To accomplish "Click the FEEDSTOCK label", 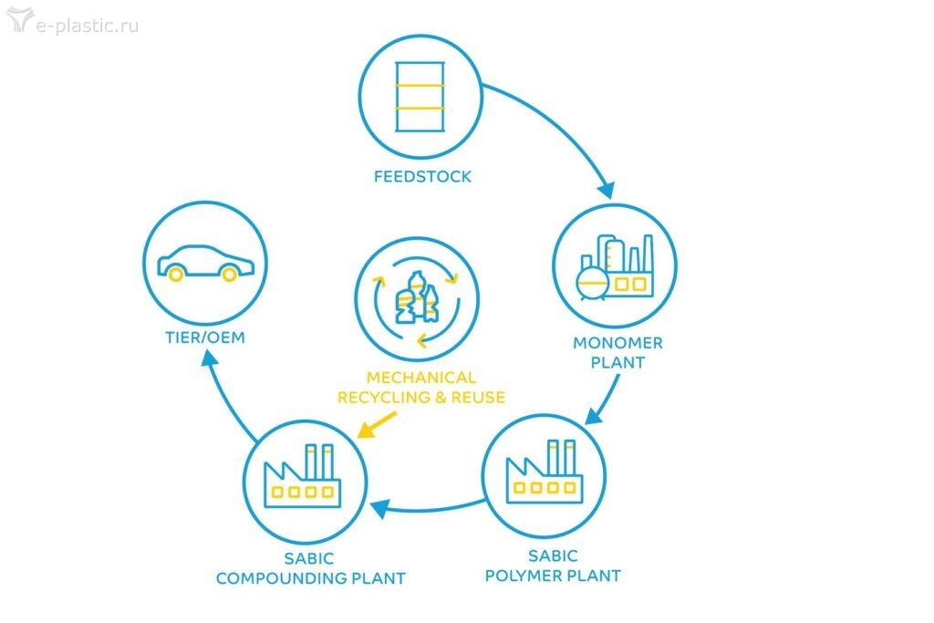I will tap(422, 176).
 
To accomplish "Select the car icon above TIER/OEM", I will tap(204, 263).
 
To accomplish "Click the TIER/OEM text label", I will tap(204, 339).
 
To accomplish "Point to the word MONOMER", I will tap(617, 344).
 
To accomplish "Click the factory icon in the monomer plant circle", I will tap(616, 267).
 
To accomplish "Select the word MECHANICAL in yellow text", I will tap(421, 377).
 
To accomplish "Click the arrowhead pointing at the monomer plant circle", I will tap(606, 190).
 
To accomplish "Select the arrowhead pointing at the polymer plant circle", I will tap(591, 417).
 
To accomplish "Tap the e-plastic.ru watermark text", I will tap(87, 25).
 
